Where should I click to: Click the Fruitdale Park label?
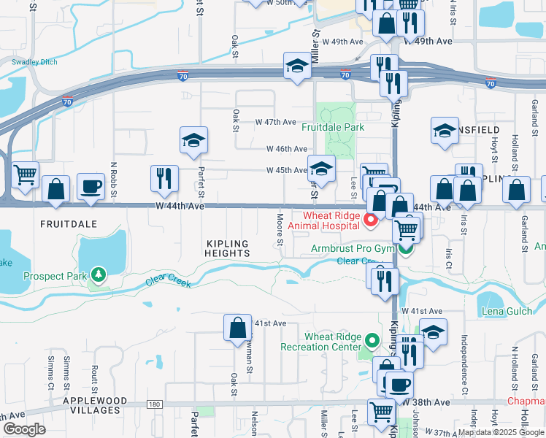(x=333, y=127)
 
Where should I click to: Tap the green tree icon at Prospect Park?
(x=98, y=275)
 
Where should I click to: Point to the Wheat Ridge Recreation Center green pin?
(x=372, y=341)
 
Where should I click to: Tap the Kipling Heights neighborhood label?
(x=228, y=248)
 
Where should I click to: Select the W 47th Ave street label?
(x=275, y=122)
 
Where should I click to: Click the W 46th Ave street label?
(x=285, y=149)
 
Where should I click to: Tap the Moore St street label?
(x=280, y=228)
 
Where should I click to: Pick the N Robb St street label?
(x=114, y=180)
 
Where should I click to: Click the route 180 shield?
(x=153, y=404)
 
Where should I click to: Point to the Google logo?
(x=24, y=429)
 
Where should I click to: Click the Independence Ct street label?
(x=464, y=361)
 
